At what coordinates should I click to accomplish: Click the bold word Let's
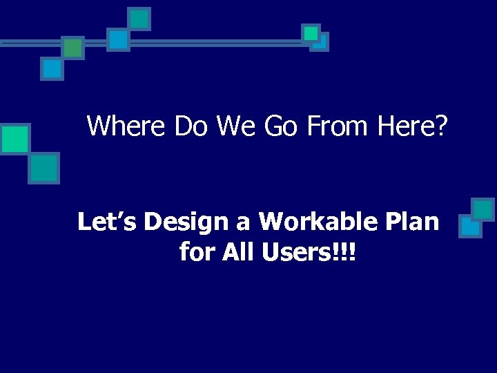coord(106,222)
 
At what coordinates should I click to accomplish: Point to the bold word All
coord(239,252)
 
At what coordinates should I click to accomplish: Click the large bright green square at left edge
coord(14,139)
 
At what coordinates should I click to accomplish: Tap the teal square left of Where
coord(44,168)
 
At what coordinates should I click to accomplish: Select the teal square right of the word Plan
coord(483,209)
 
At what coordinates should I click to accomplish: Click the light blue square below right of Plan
coord(470,227)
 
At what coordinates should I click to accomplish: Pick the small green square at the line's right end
coord(311,33)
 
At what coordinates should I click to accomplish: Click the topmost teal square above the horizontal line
coord(139,19)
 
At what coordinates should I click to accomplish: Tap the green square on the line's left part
coord(72,48)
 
